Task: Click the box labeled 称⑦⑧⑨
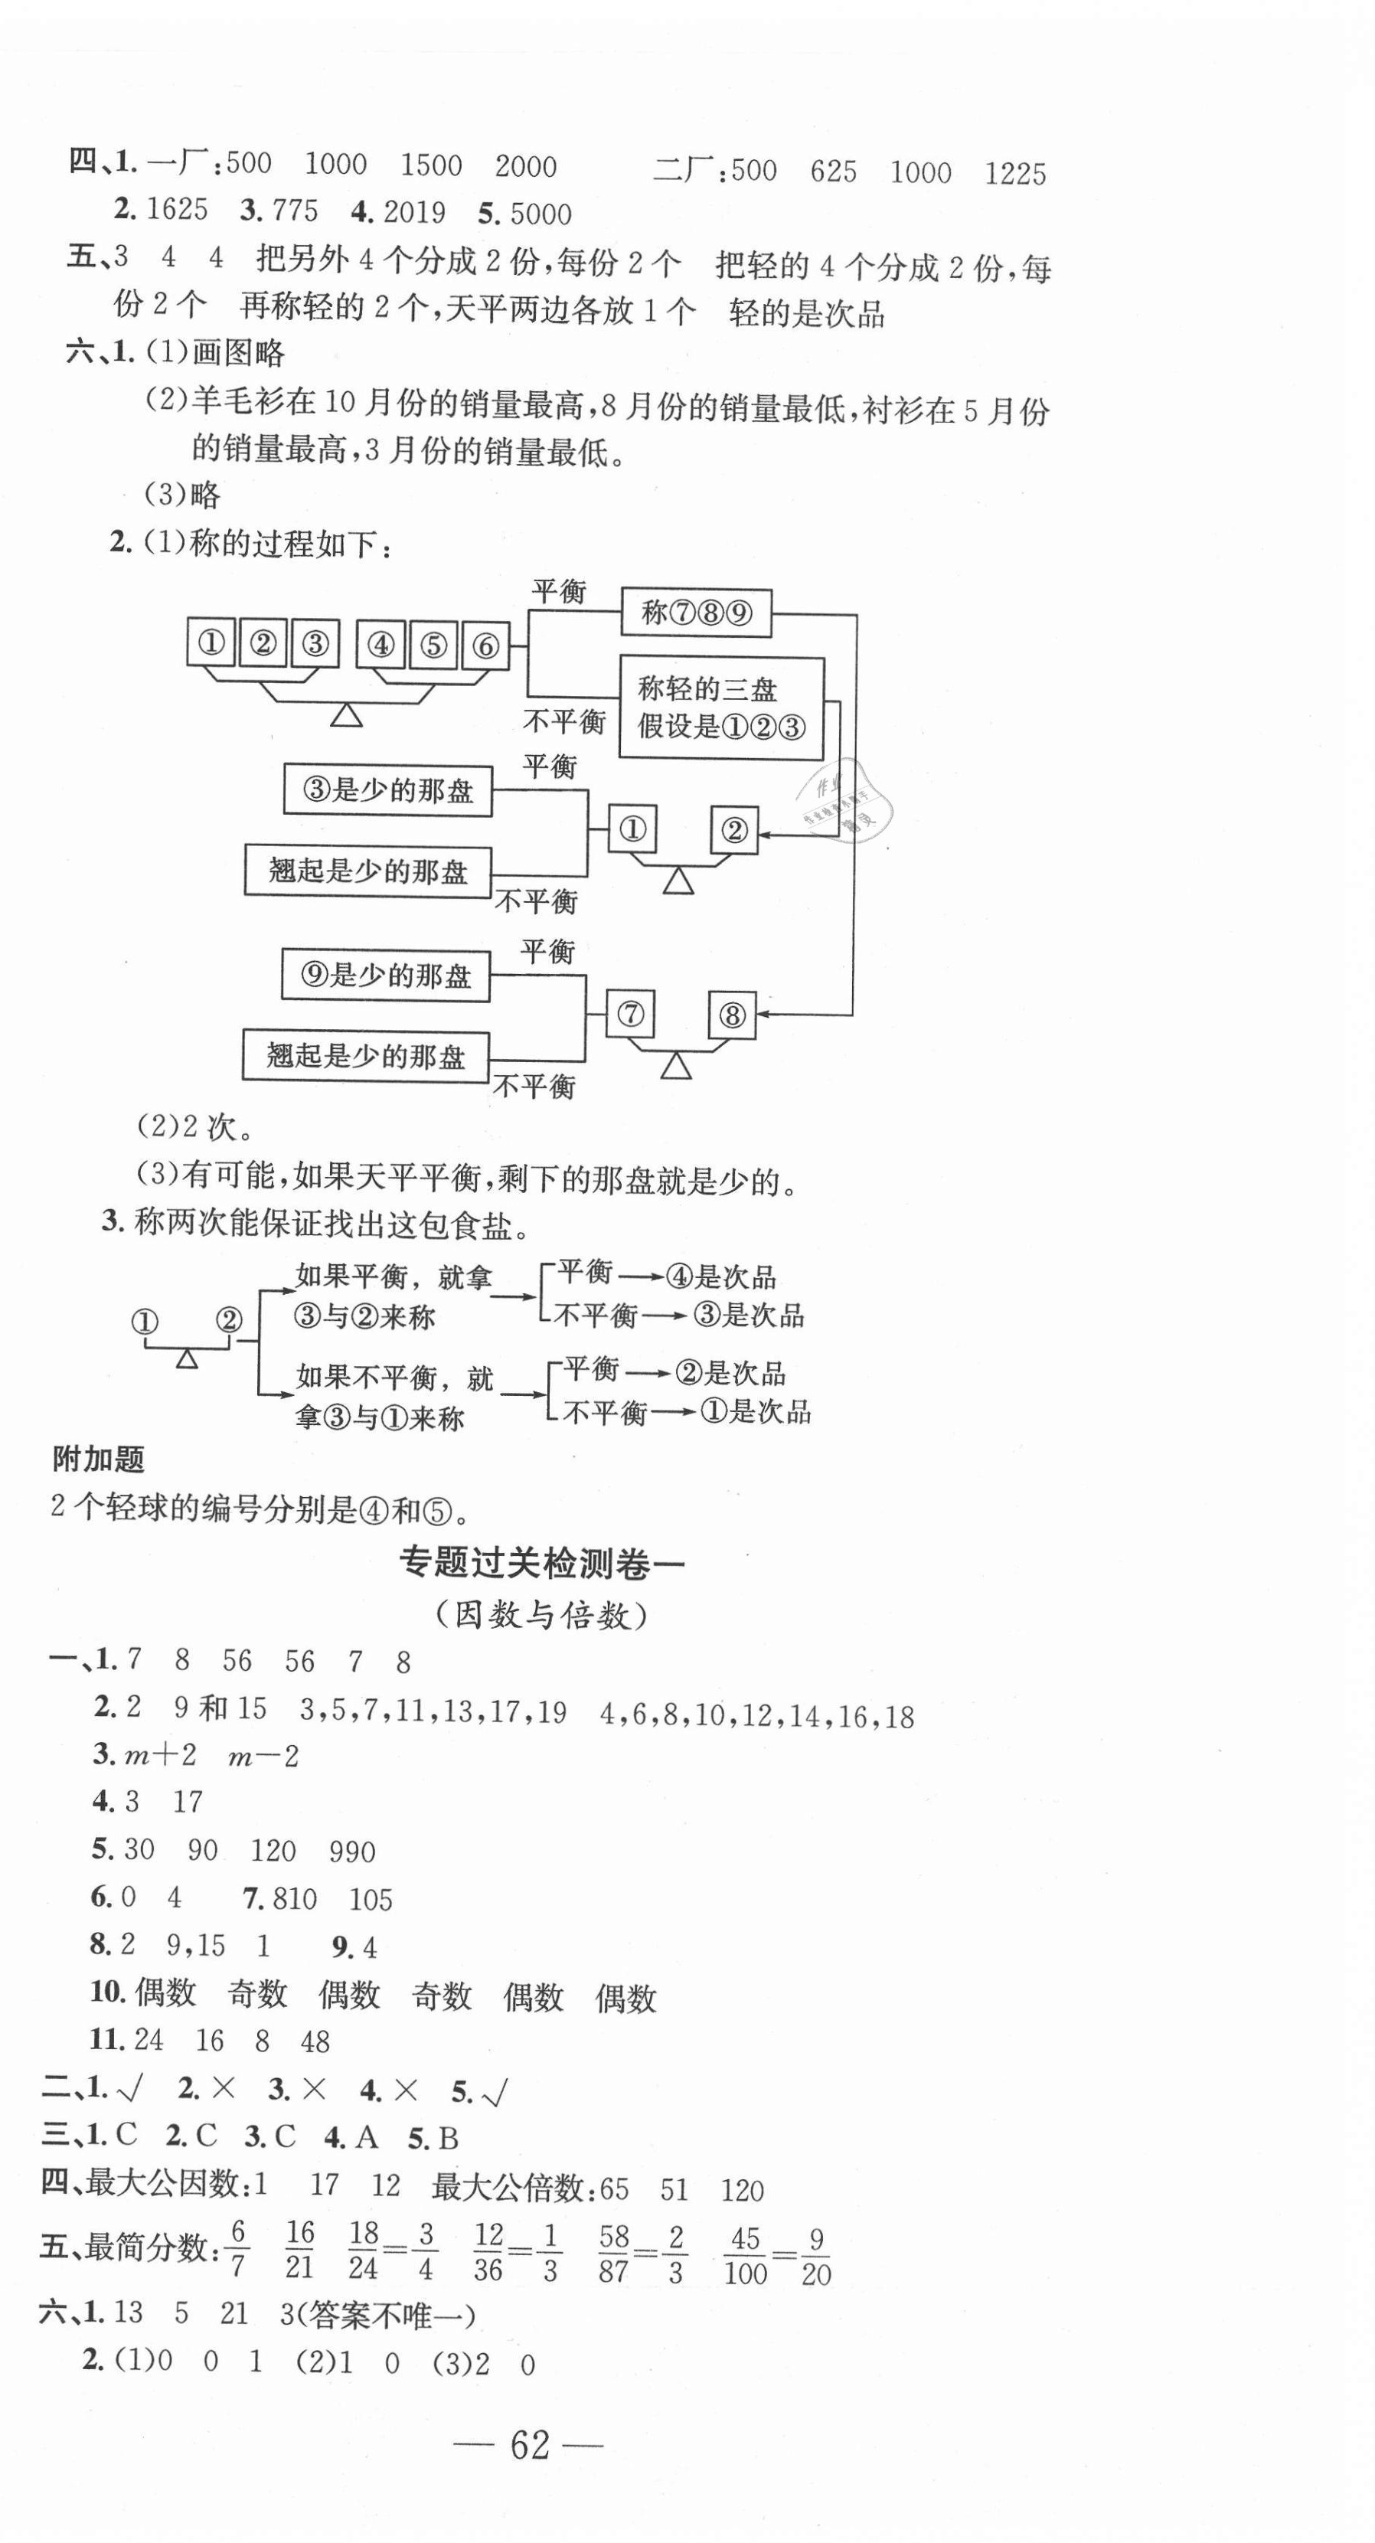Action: click(x=696, y=613)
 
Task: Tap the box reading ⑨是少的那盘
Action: click(x=385, y=976)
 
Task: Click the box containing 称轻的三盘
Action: click(x=721, y=708)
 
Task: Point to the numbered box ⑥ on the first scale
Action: click(x=485, y=646)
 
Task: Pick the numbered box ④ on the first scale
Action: click(x=381, y=646)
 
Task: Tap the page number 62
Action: click(x=529, y=2444)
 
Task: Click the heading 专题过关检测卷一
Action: click(x=542, y=1564)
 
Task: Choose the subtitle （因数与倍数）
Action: click(x=542, y=1615)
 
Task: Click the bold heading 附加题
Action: click(x=99, y=1458)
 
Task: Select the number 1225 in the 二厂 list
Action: click(x=1014, y=175)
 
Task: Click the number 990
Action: click(x=352, y=1851)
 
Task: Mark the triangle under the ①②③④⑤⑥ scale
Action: click(x=345, y=714)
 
